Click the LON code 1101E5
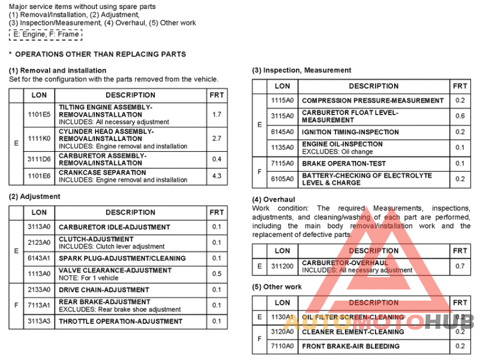pos(39,114)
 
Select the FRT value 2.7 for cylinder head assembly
pos(217,139)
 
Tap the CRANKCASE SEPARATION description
pos(94,173)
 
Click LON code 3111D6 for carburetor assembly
pos(39,159)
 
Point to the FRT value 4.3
pos(217,176)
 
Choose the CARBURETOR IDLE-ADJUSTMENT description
pos(114,227)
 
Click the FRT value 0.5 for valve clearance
pos(217,274)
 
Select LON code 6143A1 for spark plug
pos(39,259)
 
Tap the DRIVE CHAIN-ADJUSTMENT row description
pos(104,290)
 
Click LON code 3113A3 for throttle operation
pos(39,321)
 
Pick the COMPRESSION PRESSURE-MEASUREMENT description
pos(373,101)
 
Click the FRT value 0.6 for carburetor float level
pos(460,116)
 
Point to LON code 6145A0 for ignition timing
pos(282,132)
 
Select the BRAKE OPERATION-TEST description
pos(344,163)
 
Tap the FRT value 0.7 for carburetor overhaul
pos(460,266)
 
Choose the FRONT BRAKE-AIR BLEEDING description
pos(350,346)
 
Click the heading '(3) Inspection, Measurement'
pos(301,70)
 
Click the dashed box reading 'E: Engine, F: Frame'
pos(46,34)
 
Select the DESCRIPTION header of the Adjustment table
pos(130,212)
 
